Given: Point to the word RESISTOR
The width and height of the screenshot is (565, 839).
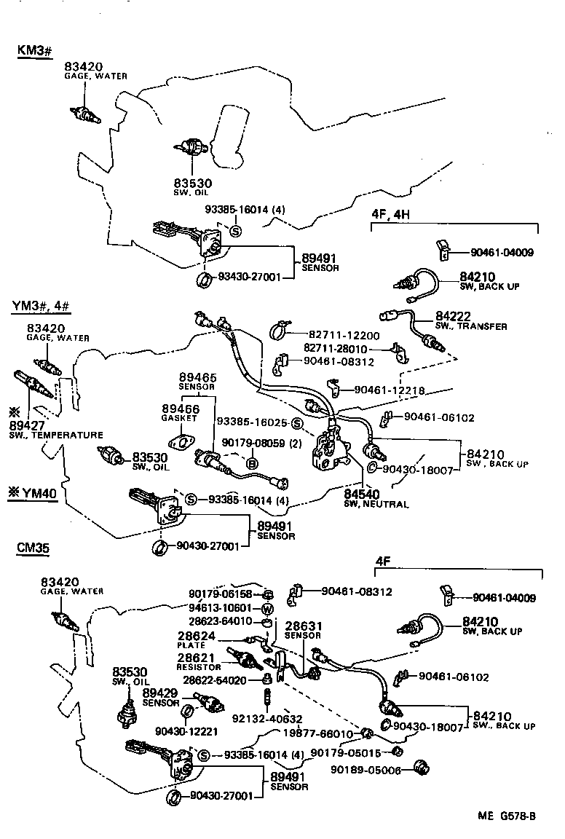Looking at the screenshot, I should click(x=199, y=666).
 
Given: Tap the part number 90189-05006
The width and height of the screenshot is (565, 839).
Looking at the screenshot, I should click(x=366, y=770).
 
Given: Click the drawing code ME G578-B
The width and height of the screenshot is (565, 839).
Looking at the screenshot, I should click(x=507, y=816).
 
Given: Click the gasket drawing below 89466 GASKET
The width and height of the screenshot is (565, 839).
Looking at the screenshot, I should click(x=180, y=441).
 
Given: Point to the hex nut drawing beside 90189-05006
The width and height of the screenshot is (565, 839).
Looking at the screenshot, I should click(x=419, y=767).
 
